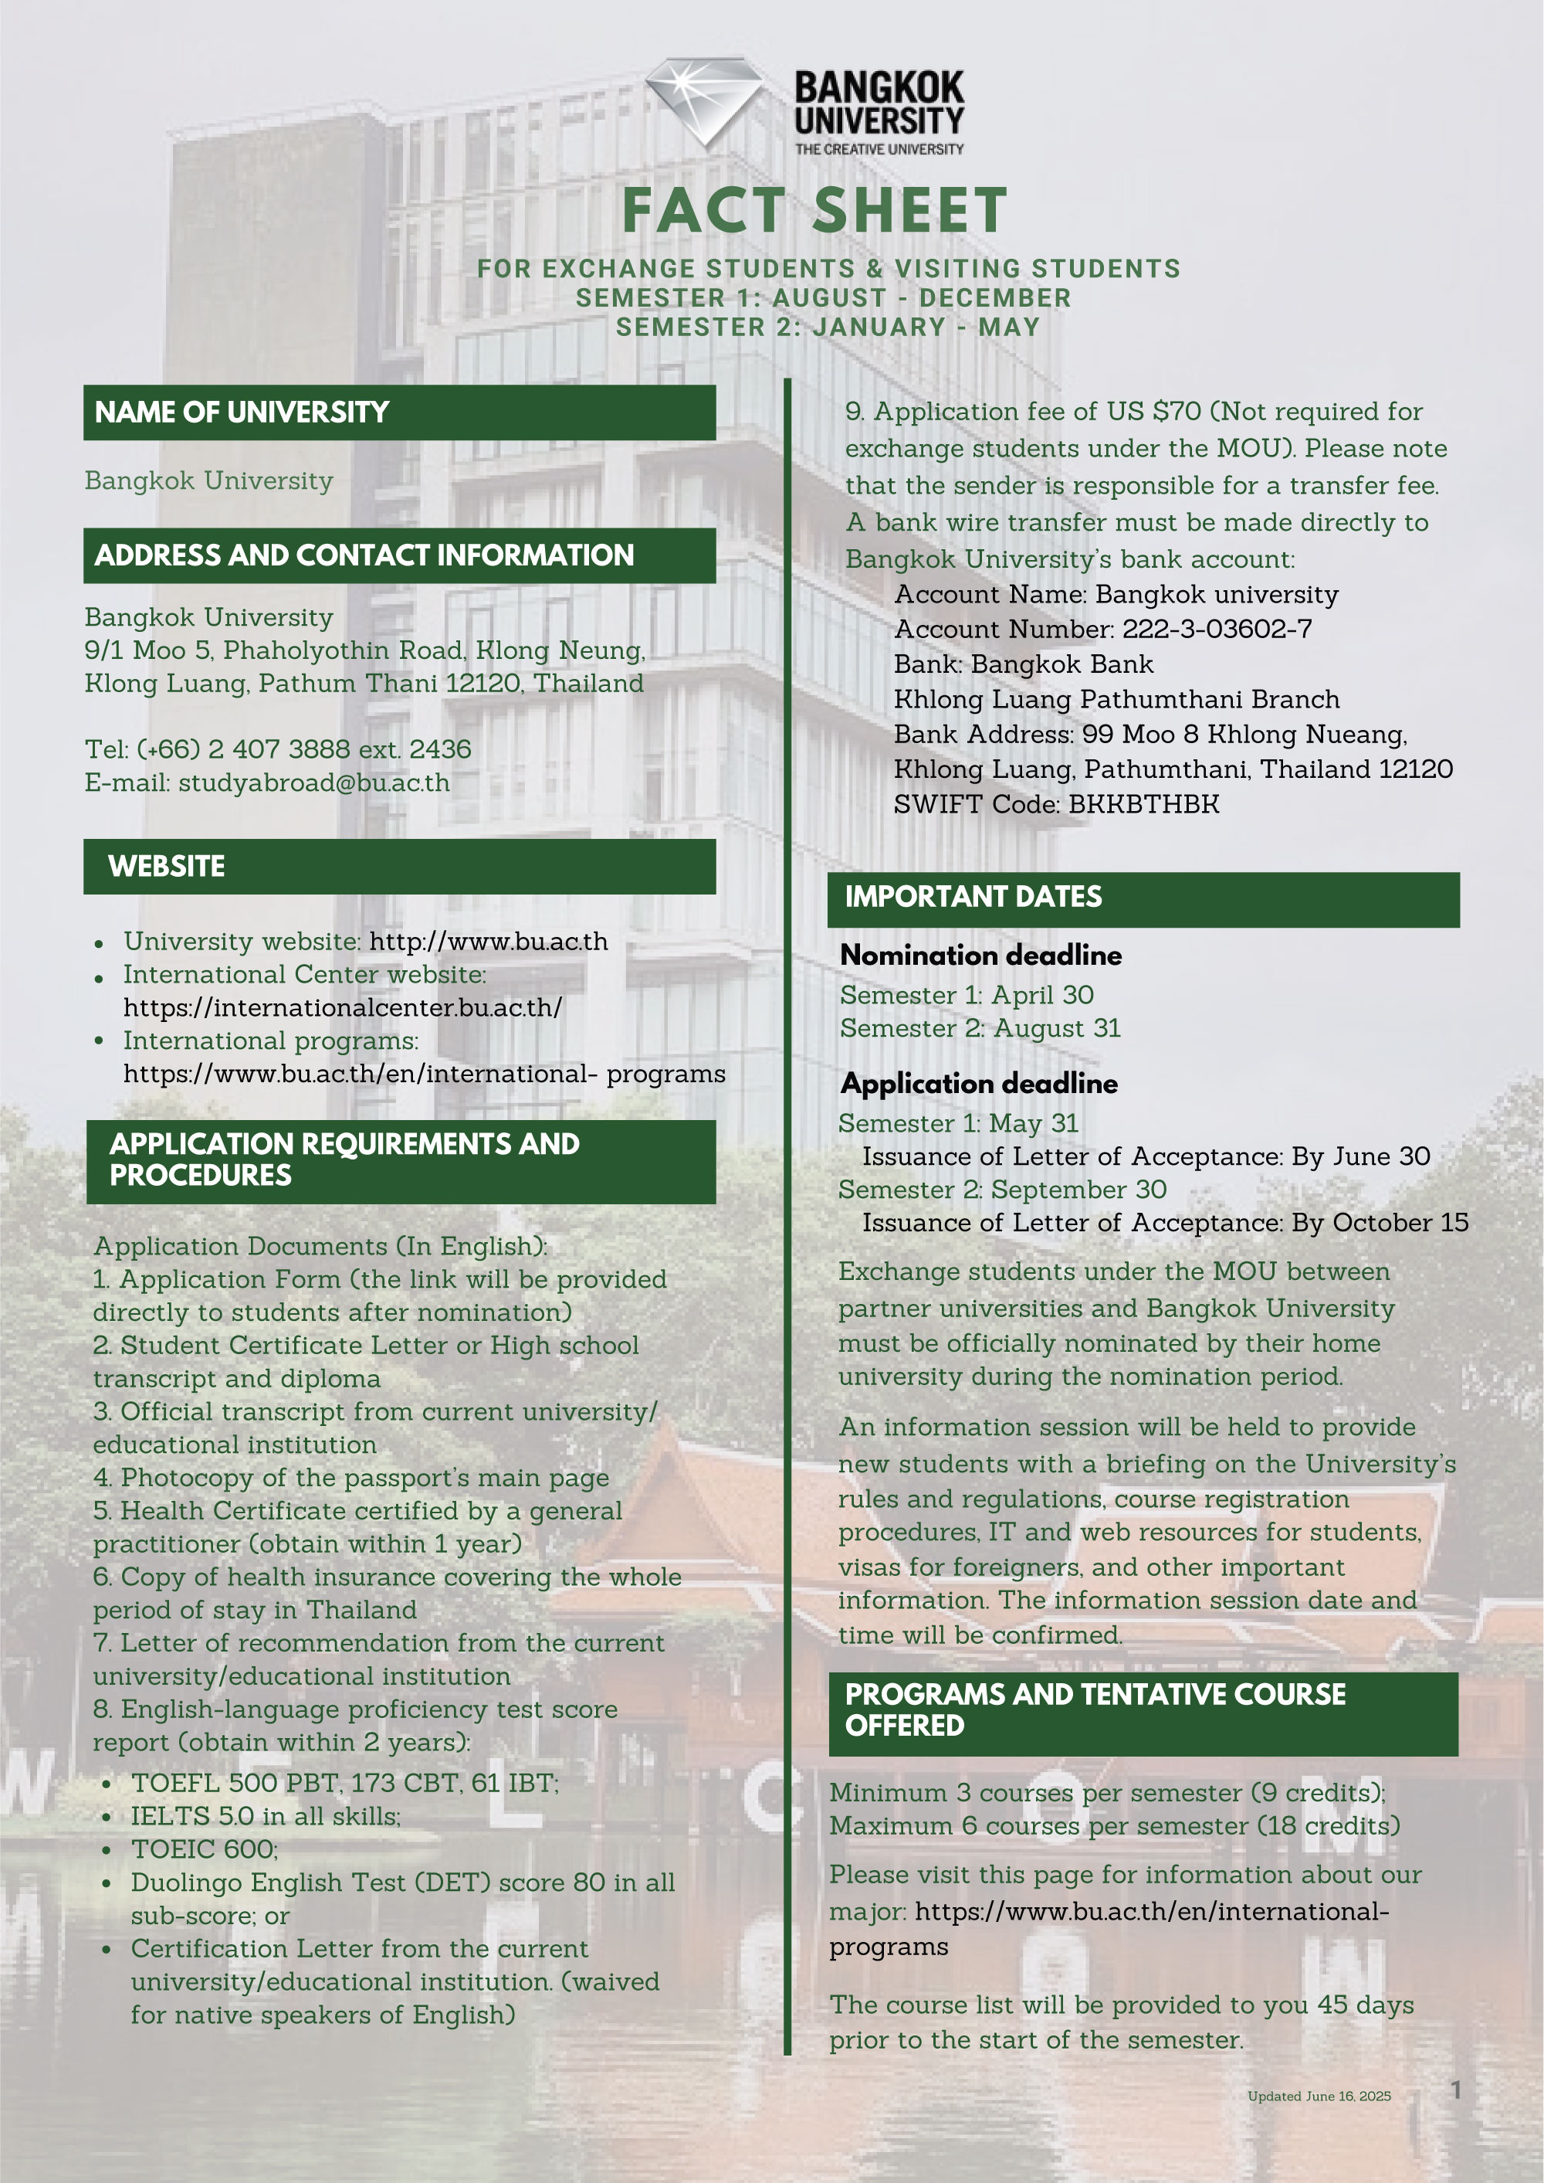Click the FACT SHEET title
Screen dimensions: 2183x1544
[x=814, y=210]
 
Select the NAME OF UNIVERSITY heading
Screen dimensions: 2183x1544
[x=242, y=412]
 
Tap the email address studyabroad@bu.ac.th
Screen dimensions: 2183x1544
[x=313, y=783]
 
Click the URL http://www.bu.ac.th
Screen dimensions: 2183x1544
[x=488, y=942]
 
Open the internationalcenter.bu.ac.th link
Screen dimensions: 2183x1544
[x=342, y=1007]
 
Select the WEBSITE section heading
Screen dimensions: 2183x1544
[x=167, y=867]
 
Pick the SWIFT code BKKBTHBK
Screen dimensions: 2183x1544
[x=1144, y=804]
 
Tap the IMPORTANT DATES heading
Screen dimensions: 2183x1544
[x=973, y=897]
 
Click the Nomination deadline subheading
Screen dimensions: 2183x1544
[x=980, y=955]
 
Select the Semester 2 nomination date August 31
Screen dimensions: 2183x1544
[x=1057, y=1028]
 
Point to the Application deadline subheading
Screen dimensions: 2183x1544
[x=978, y=1084]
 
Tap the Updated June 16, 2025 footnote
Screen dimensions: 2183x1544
[x=1319, y=2096]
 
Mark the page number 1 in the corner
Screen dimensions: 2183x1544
[x=1455, y=2090]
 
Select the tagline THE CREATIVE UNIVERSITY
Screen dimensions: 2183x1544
[x=879, y=149]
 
